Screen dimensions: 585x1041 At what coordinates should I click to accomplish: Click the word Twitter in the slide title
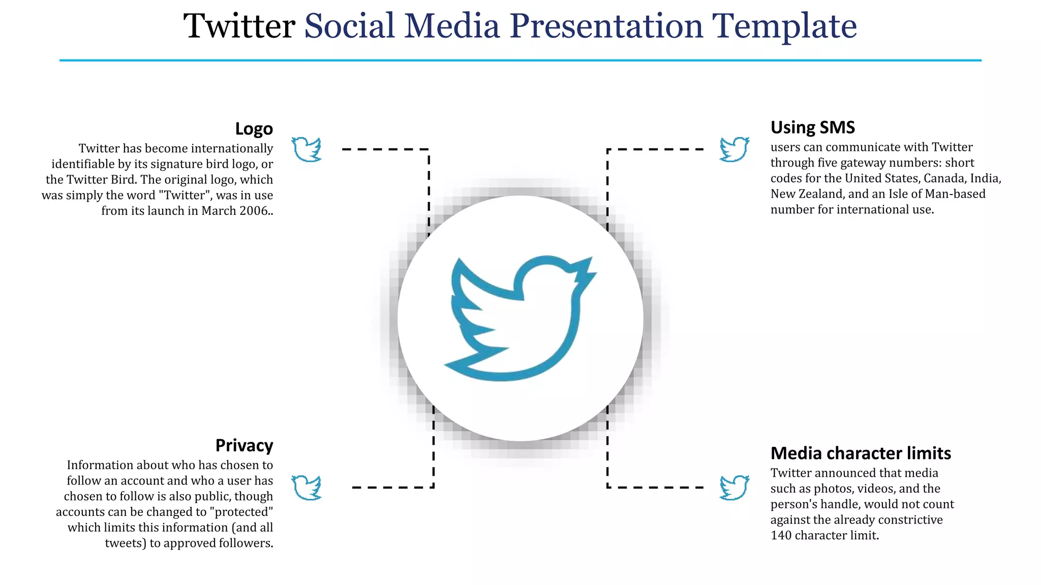239,26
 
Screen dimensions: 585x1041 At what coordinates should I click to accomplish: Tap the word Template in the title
784,26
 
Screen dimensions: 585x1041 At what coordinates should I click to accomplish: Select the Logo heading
254,129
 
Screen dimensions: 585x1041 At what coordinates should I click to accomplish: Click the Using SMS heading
812,127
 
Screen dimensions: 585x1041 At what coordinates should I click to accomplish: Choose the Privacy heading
244,445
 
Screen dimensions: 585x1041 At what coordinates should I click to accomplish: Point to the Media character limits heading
861,453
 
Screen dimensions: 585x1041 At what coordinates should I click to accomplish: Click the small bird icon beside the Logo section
307,149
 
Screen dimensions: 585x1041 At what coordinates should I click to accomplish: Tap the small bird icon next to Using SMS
734,149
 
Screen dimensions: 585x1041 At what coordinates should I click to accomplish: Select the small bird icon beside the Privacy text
307,487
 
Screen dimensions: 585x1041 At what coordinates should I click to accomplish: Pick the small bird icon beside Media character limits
734,487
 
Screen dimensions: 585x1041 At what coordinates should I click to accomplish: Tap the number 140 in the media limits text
781,535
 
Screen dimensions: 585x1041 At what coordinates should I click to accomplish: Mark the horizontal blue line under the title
520,60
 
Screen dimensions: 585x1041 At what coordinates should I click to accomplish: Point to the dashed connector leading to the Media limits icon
656,487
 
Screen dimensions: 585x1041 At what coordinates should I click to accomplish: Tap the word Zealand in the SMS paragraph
818,194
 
